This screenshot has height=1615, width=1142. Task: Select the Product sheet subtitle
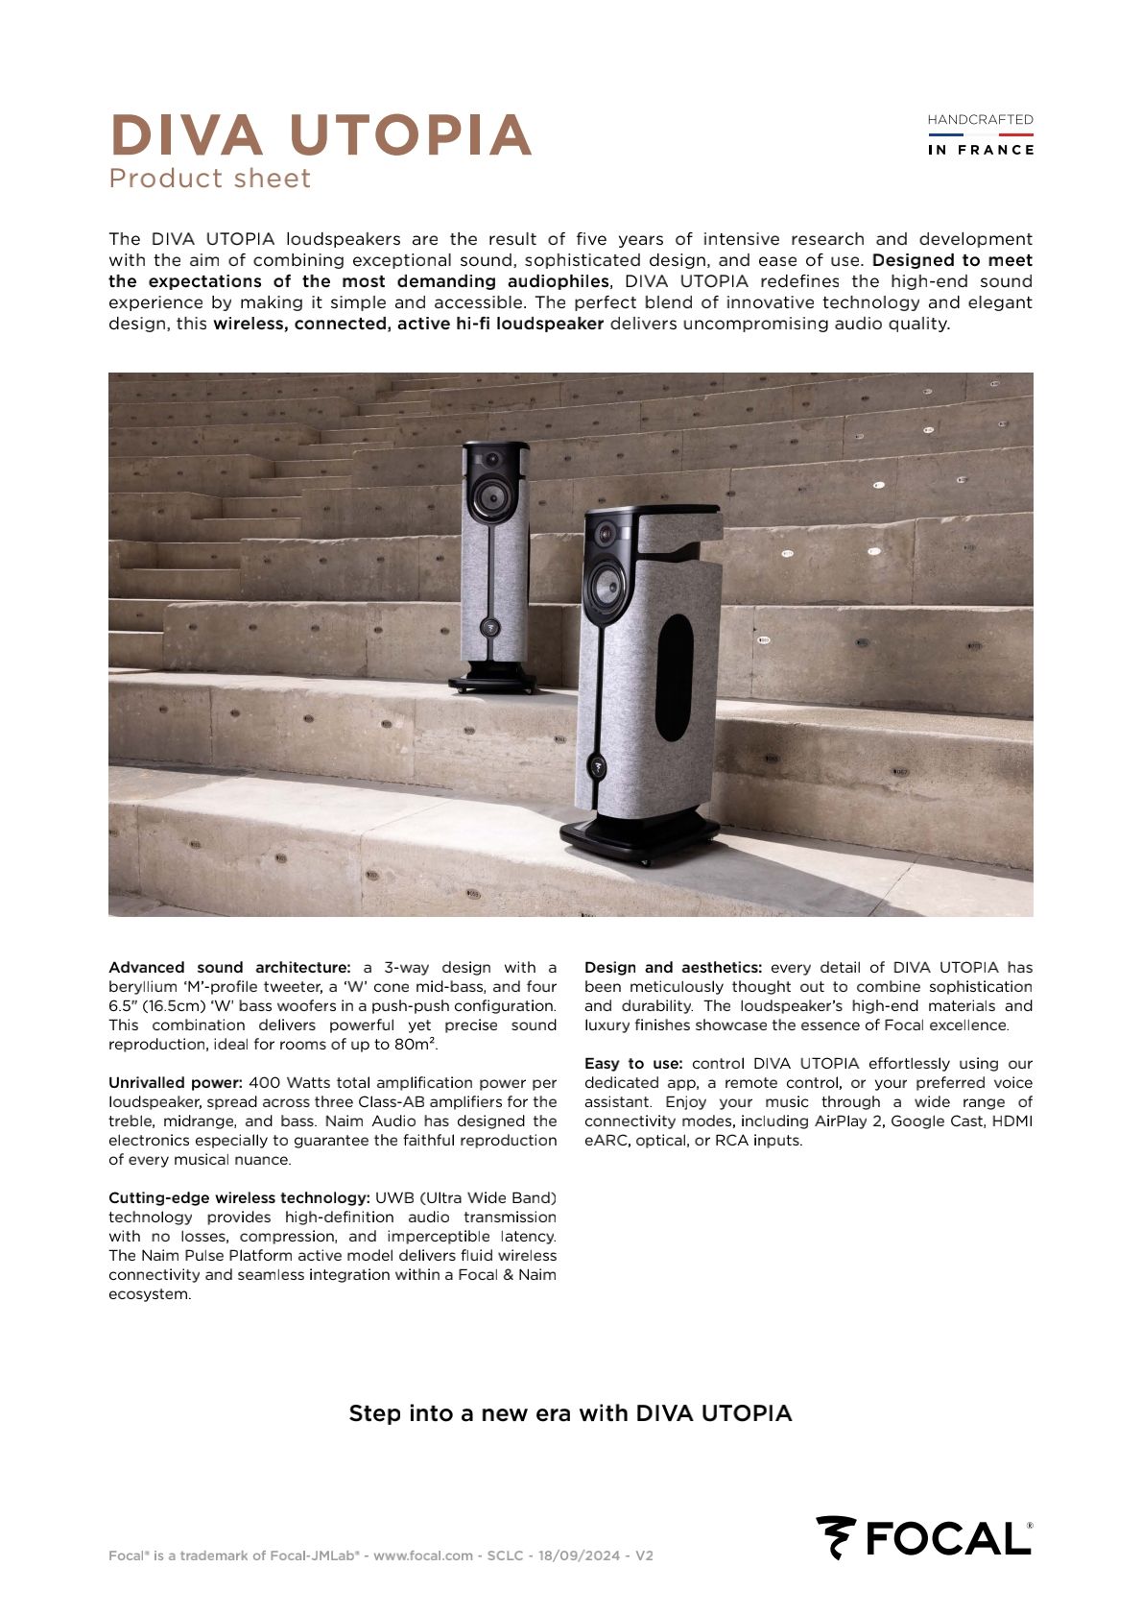[x=210, y=179]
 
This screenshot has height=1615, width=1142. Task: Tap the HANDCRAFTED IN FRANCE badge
[x=980, y=134]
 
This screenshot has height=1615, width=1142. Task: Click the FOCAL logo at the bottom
[x=924, y=1537]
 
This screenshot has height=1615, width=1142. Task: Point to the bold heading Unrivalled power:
[x=176, y=1083]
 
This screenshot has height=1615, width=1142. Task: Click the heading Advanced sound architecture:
[x=229, y=968]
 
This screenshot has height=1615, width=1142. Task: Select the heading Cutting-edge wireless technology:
[x=239, y=1198]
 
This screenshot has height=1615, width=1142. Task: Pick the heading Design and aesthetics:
[x=673, y=968]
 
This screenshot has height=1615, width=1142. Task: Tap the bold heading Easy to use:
[x=633, y=1064]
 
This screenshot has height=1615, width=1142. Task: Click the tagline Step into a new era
[x=570, y=1413]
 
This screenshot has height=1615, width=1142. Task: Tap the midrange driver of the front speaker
[x=607, y=584]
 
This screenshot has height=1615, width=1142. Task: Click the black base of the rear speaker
[x=492, y=682]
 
